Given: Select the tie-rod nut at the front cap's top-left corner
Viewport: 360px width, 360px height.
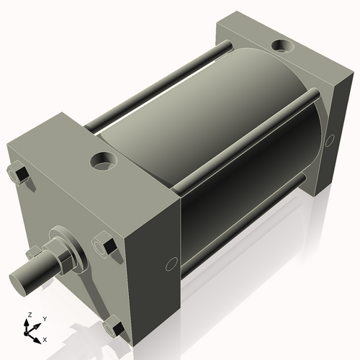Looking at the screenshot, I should pyautogui.click(x=19, y=174).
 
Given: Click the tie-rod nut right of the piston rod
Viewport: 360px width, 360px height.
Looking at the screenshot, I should pyautogui.click(x=105, y=246).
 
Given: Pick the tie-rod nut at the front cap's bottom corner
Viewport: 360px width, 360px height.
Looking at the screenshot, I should pyautogui.click(x=113, y=328).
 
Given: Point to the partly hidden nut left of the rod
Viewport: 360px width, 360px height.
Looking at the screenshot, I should pyautogui.click(x=32, y=252).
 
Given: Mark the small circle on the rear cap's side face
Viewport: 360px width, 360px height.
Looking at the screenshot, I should pyautogui.click(x=330, y=140).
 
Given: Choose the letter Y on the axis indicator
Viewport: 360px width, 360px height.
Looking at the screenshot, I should pyautogui.click(x=44, y=318).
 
